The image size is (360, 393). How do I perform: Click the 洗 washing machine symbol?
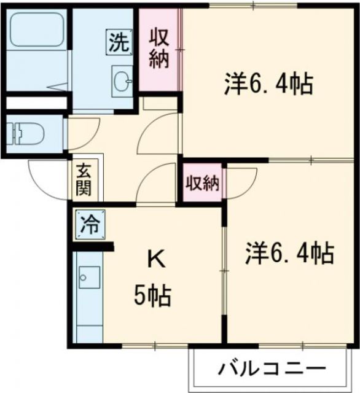click(x=120, y=41)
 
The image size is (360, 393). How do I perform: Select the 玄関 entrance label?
click(x=84, y=179)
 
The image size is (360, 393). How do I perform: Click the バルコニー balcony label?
click(x=271, y=369)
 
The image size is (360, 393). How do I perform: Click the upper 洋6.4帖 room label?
click(x=268, y=84)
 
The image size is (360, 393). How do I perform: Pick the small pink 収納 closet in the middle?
click(x=202, y=184)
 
